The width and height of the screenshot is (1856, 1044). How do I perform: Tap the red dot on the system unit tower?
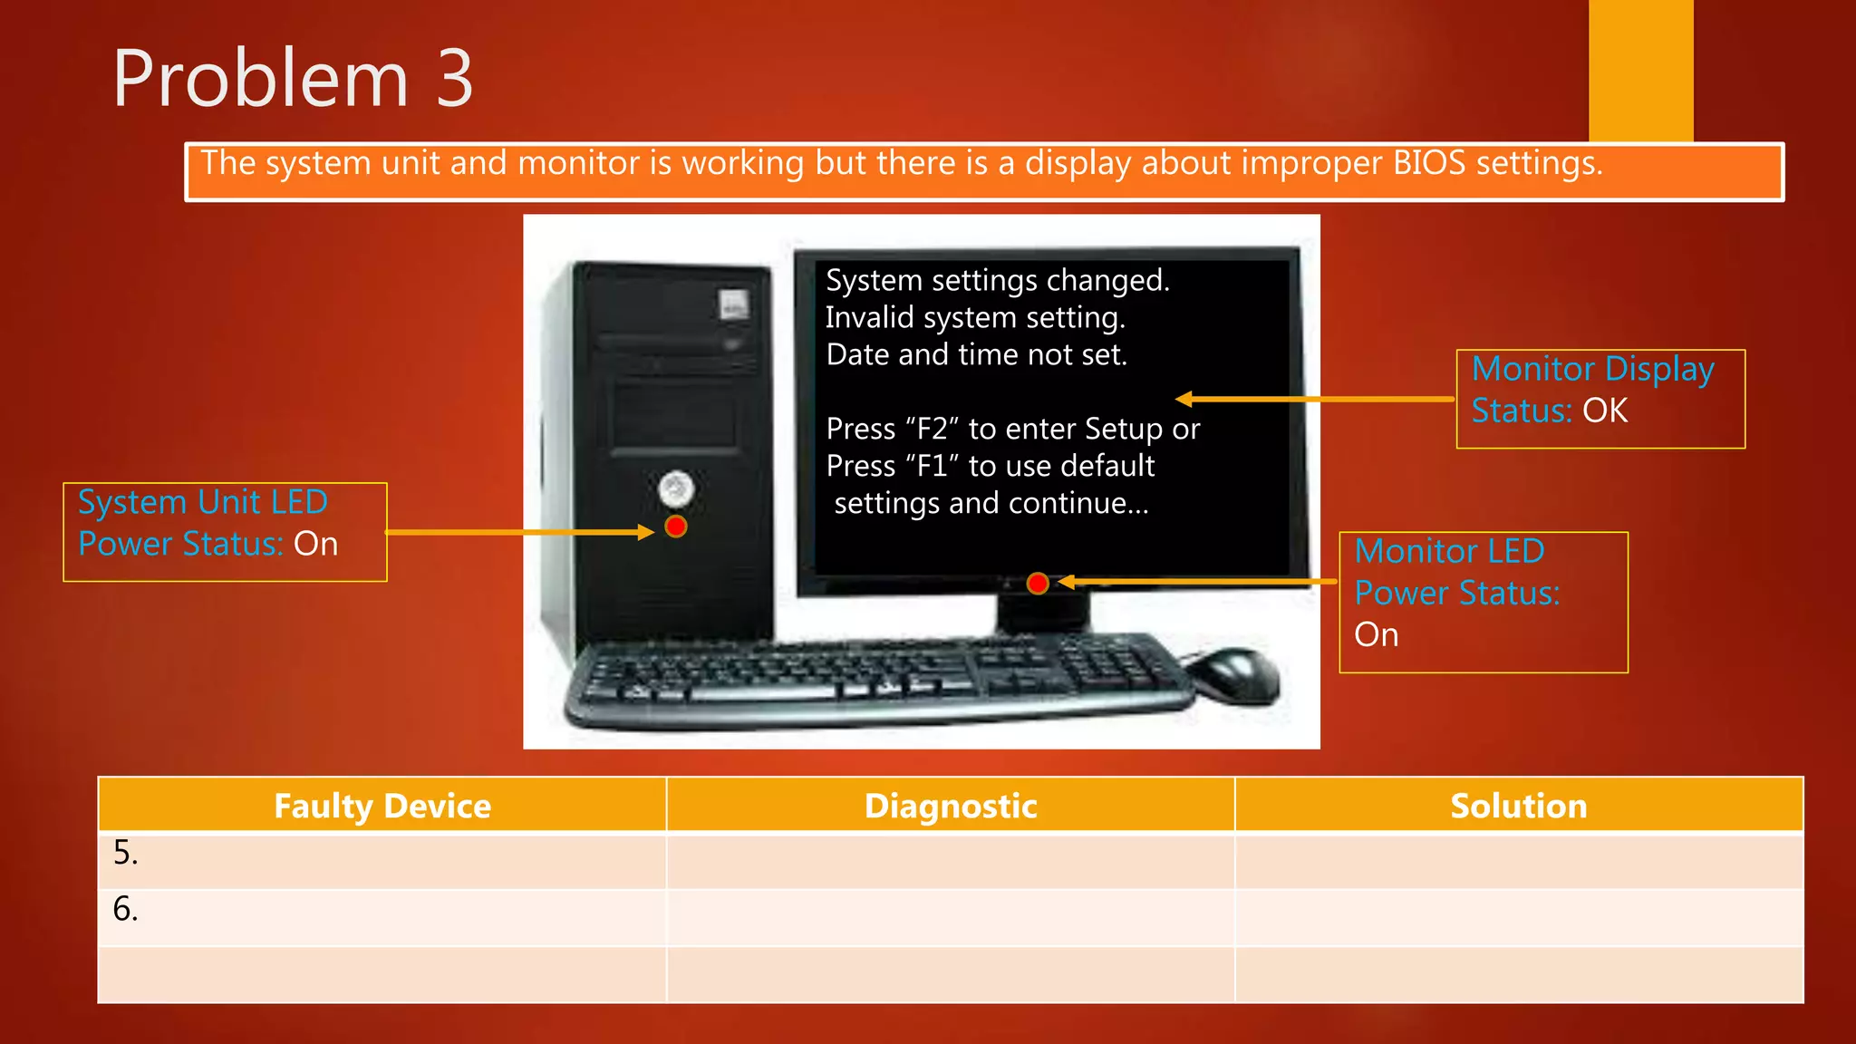click(x=676, y=527)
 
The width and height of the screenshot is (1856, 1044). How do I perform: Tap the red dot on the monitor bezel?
click(x=1038, y=584)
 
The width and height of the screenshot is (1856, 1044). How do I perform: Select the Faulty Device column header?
click(x=382, y=806)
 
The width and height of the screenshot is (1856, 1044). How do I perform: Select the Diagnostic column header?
click(x=950, y=806)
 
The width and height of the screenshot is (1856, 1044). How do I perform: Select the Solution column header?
click(x=1518, y=806)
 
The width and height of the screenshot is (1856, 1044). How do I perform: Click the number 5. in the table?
click(x=126, y=854)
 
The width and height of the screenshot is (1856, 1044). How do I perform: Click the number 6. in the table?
click(x=126, y=909)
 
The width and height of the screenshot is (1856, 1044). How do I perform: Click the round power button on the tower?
click(x=676, y=489)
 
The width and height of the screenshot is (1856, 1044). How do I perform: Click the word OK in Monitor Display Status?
click(x=1605, y=411)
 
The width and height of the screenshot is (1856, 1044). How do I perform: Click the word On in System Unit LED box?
click(x=315, y=545)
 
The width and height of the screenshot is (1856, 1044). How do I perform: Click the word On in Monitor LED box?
click(x=1376, y=635)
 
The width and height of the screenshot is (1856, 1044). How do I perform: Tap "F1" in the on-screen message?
click(x=932, y=466)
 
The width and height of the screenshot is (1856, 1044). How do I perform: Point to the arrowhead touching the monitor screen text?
click(x=1184, y=399)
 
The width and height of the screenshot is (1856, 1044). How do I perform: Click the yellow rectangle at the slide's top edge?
click(x=1640, y=69)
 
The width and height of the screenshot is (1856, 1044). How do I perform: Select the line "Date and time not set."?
click(x=976, y=354)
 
